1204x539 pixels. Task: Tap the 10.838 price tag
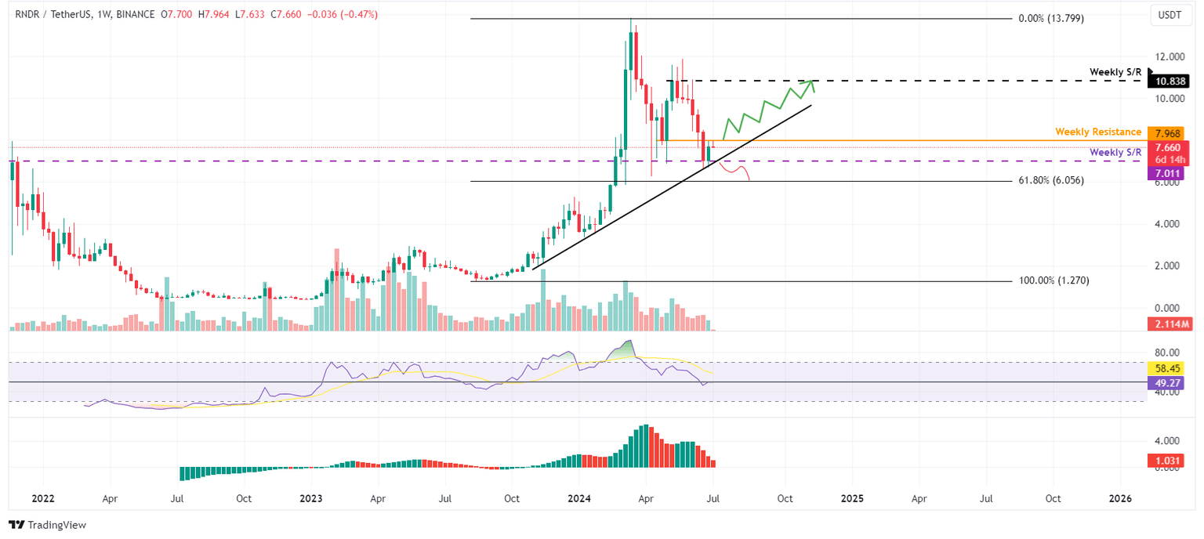[1168, 81]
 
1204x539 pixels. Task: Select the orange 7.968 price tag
[1168, 133]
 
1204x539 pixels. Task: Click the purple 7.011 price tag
[1168, 172]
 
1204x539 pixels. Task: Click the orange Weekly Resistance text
[1098, 132]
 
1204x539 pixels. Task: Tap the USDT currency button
[1169, 15]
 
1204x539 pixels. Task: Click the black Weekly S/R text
[1115, 72]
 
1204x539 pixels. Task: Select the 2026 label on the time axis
[1121, 498]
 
